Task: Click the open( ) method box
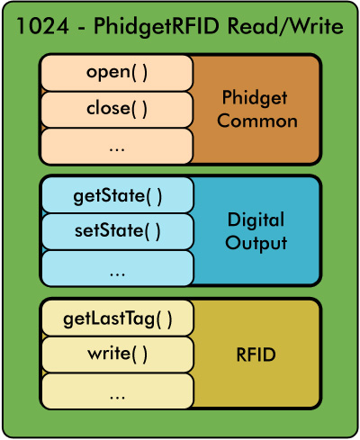[116, 72]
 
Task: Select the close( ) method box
[116, 109]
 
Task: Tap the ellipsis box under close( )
[116, 146]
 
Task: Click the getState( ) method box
[116, 194]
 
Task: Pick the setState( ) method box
[116, 231]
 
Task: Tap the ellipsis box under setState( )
[116, 268]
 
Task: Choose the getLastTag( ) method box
[116, 318]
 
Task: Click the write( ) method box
[116, 355]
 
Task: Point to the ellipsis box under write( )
[116, 391]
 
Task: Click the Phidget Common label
[256, 109]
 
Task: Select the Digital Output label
[256, 231]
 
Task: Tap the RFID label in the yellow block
[256, 355]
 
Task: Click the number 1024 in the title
[40, 27]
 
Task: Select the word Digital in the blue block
[256, 220]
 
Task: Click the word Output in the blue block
[256, 243]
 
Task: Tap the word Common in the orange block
[256, 121]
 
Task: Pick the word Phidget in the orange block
[256, 97]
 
